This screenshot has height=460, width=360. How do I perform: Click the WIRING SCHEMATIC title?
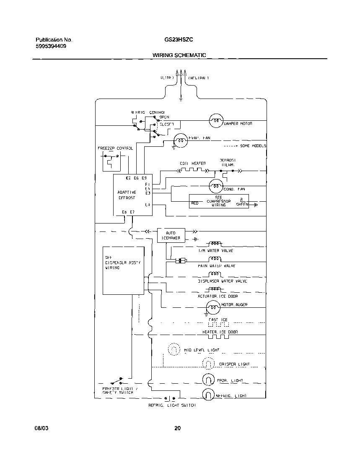(x=179, y=55)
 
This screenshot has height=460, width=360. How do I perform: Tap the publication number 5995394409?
(x=51, y=46)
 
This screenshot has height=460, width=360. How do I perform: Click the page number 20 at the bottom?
(x=177, y=428)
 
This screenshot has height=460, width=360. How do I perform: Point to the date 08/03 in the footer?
(x=41, y=428)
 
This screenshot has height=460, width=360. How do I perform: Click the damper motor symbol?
(x=215, y=121)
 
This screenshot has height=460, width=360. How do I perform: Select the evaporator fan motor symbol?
(x=181, y=141)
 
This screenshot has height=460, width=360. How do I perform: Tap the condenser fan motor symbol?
(x=216, y=185)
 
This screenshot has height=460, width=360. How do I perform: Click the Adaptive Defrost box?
(x=133, y=195)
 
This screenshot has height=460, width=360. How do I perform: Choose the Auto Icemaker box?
(x=171, y=235)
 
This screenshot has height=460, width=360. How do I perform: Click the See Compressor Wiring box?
(x=218, y=201)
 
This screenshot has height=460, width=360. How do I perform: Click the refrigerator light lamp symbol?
(x=208, y=394)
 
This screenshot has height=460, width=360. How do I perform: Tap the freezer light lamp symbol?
(x=208, y=379)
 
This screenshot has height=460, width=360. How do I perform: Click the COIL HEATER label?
(x=192, y=164)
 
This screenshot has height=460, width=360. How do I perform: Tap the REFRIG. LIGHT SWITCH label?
(x=172, y=405)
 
